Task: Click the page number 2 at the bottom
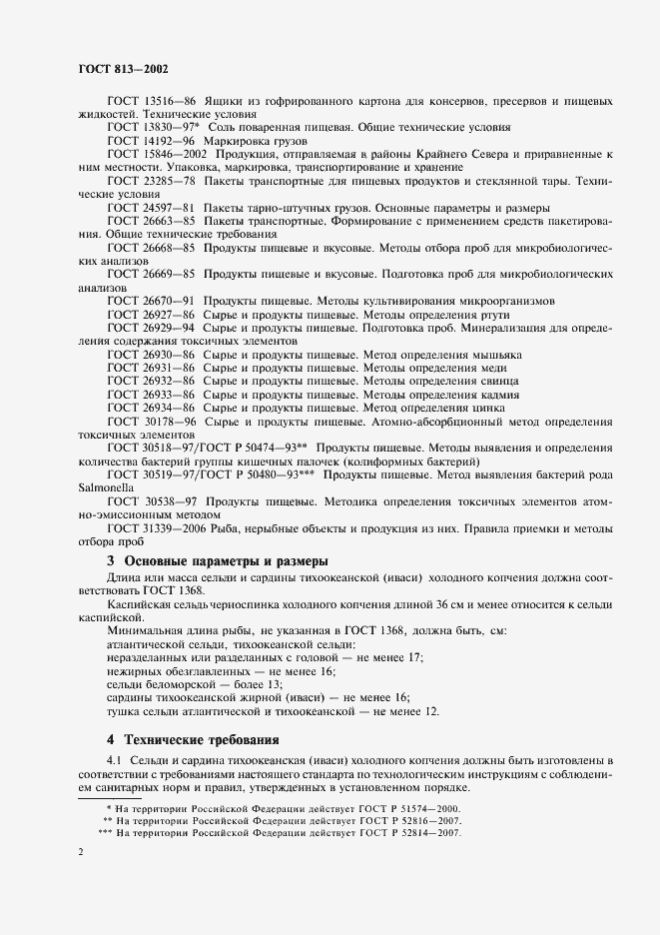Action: coord(80,853)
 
